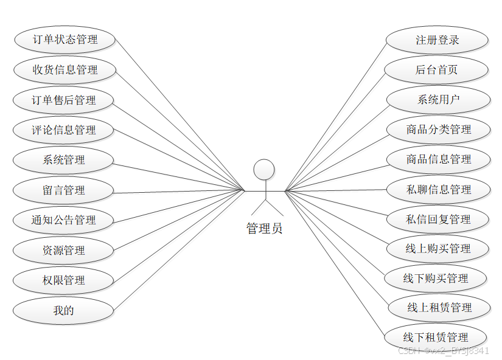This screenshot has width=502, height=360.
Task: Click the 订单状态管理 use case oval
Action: coord(64,40)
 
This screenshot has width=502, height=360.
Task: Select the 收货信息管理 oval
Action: coord(64,70)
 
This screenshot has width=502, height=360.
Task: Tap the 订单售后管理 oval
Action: coord(64,100)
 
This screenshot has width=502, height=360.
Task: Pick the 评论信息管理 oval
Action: coord(64,130)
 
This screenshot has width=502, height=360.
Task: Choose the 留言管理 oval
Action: coord(63,190)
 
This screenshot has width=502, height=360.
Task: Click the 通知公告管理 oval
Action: coord(63,220)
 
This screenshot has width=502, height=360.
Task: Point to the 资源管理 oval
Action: coord(63,250)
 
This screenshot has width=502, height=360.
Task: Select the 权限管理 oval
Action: coord(63,280)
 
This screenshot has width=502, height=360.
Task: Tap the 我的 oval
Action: coord(63,310)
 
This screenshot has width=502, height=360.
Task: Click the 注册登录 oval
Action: coord(437,40)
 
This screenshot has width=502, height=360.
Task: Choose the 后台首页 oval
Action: coord(436,70)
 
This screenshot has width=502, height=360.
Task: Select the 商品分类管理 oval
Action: coord(438,130)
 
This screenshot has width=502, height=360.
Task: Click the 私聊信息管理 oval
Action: coord(438,190)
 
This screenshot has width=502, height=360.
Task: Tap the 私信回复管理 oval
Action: coord(438,219)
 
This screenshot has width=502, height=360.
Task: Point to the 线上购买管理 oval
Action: coord(438,249)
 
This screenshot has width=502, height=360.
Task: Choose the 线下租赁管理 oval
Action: coord(436,337)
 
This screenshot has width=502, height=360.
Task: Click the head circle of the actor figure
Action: coord(264,170)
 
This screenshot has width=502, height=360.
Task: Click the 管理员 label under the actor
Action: coord(264,229)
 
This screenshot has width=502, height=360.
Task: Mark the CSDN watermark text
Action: coord(443,351)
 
